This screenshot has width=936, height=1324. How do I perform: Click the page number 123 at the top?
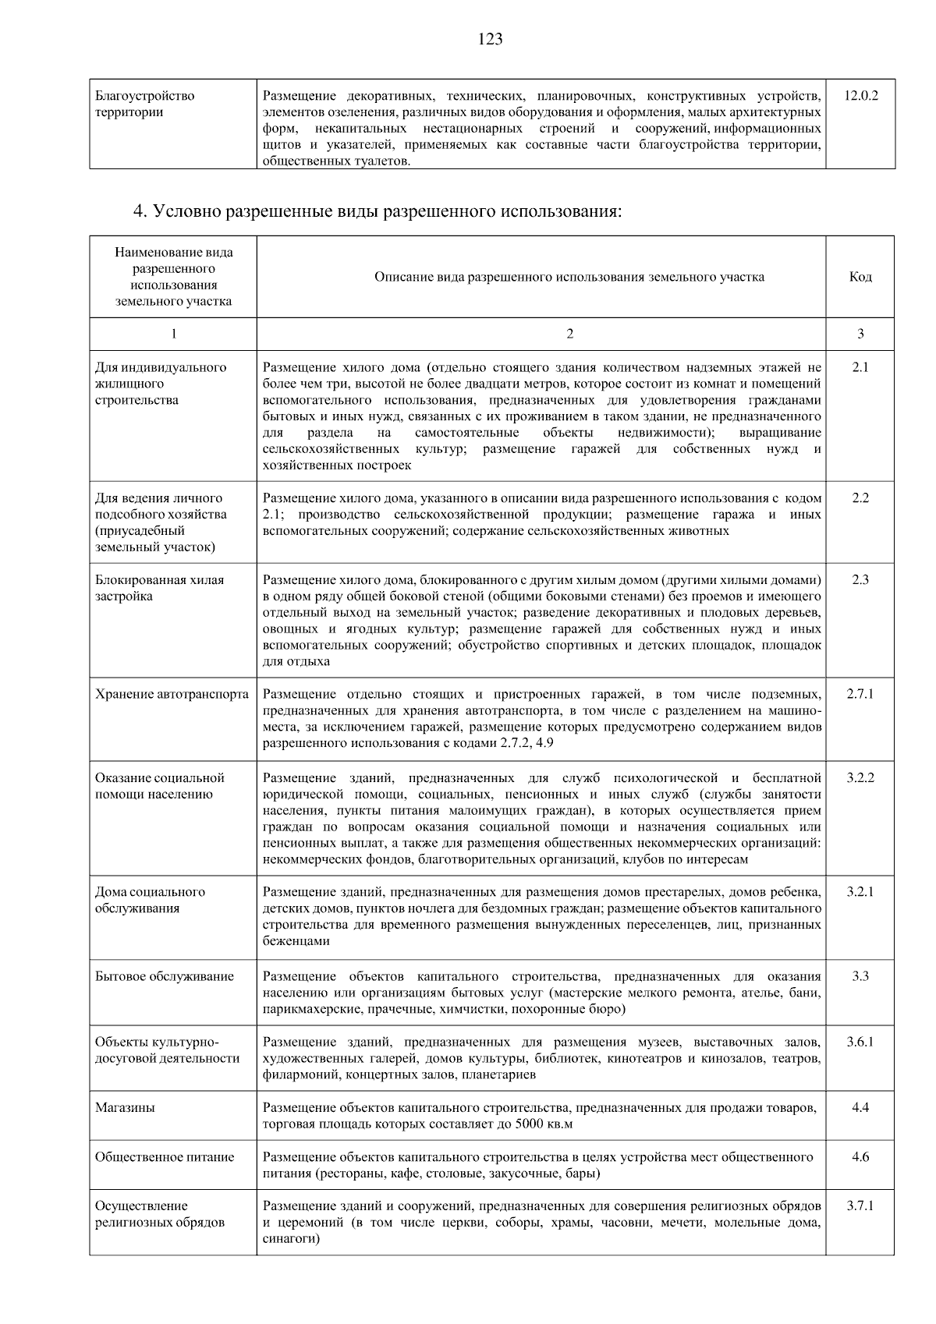pos(490,39)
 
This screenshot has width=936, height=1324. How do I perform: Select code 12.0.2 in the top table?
pos(860,96)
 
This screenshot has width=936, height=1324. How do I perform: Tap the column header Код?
pos(860,277)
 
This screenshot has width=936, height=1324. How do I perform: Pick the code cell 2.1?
pos(860,367)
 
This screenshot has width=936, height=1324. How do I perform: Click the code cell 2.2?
pos(860,498)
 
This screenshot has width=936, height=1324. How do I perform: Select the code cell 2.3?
pos(860,579)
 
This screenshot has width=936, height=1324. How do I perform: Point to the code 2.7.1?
pos(860,694)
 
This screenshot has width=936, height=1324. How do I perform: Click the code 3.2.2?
pos(860,777)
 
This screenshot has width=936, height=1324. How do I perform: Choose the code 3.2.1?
pos(860,892)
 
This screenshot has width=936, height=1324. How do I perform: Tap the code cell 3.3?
pos(860,976)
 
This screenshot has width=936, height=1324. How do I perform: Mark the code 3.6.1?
pos(860,1042)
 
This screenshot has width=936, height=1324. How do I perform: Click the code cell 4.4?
pos(860,1107)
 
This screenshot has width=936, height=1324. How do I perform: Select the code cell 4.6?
pos(860,1157)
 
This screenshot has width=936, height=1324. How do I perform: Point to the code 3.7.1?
pos(860,1206)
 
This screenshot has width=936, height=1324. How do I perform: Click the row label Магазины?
pos(125,1107)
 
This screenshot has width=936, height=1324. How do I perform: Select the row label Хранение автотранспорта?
pos(172,694)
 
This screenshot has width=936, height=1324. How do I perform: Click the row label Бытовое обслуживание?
pos(165,976)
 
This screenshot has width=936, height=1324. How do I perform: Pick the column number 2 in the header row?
pos(569,334)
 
